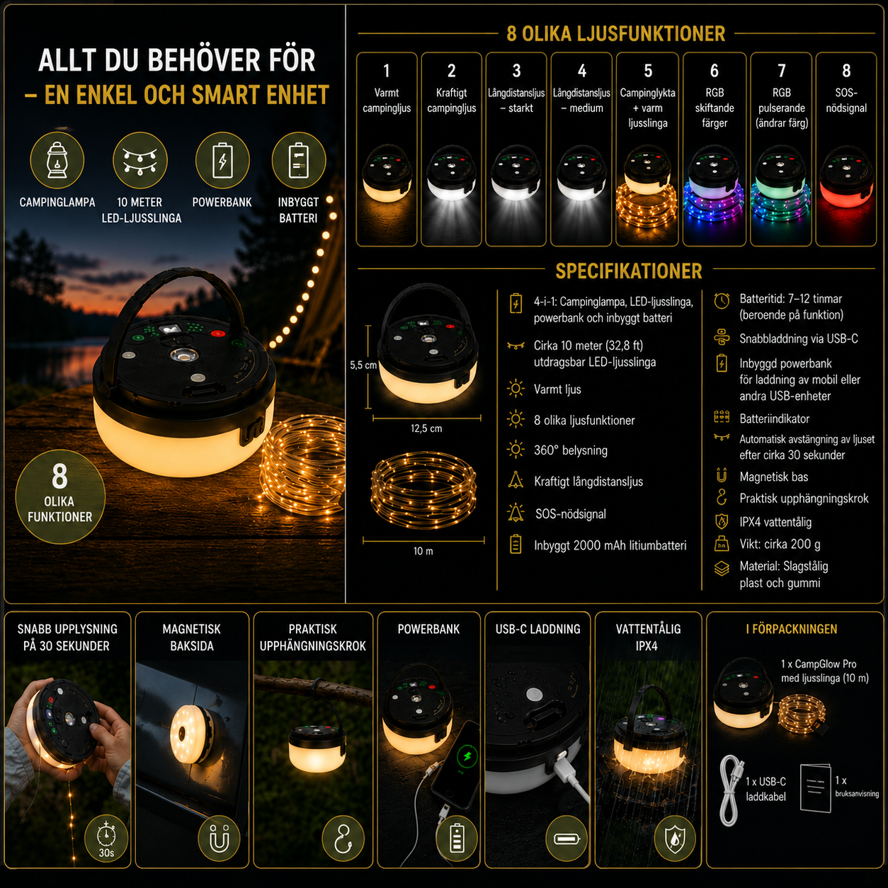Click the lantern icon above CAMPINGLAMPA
pyautogui.click(x=57, y=160)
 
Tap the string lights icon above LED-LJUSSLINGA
pyautogui.click(x=140, y=161)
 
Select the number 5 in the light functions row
pyautogui.click(x=648, y=71)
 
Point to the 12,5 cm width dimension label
pyautogui.click(x=426, y=428)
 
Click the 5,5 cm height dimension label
pyautogui.click(x=363, y=365)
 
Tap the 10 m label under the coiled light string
pyautogui.click(x=423, y=551)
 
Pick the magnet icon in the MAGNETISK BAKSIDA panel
pyautogui.click(x=220, y=838)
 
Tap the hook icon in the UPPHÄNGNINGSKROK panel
pyautogui.click(x=343, y=838)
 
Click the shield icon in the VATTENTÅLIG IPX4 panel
pyautogui.click(x=675, y=838)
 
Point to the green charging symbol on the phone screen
pyautogui.click(x=467, y=756)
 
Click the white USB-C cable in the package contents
pyautogui.click(x=730, y=790)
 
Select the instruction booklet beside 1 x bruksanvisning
pyautogui.click(x=815, y=787)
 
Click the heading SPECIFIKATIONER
pyautogui.click(x=629, y=271)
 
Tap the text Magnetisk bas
pyautogui.click(x=774, y=477)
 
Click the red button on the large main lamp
pyautogui.click(x=217, y=333)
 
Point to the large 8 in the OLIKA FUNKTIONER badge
pyautogui.click(x=59, y=476)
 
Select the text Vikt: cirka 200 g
pyautogui.click(x=780, y=545)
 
